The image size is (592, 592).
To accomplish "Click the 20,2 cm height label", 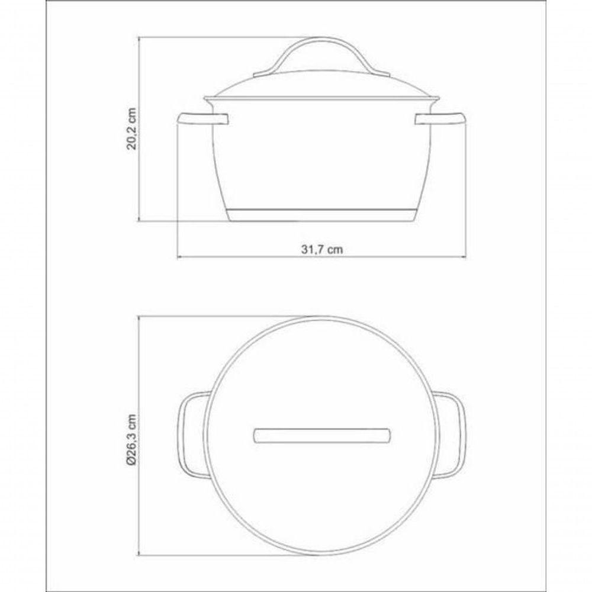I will [133, 129].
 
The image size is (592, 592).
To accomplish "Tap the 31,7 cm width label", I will [322, 249].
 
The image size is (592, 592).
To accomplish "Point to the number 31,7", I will [312, 249].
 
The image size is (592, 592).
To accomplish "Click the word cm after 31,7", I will [336, 249].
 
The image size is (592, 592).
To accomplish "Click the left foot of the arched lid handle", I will [263, 75].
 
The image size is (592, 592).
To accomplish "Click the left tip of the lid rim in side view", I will [205, 98].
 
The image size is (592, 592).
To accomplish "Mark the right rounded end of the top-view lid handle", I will [387, 435].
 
